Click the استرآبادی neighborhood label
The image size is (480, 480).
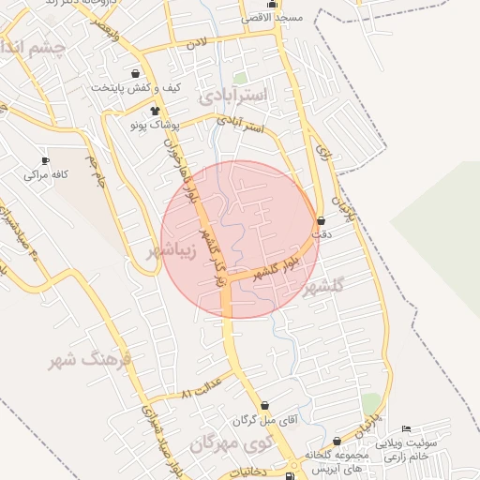pyautogui.click(x=233, y=96)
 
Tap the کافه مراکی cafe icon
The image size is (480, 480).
pyautogui.click(x=45, y=161)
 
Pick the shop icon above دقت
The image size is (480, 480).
pyautogui.click(x=322, y=221)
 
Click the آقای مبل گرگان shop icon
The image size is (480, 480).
pyautogui.click(x=265, y=407)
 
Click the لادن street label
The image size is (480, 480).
pyautogui.click(x=195, y=44)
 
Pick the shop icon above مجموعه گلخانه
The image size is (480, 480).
pyautogui.click(x=337, y=441)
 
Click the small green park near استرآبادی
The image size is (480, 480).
pyautogui.click(x=240, y=79)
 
